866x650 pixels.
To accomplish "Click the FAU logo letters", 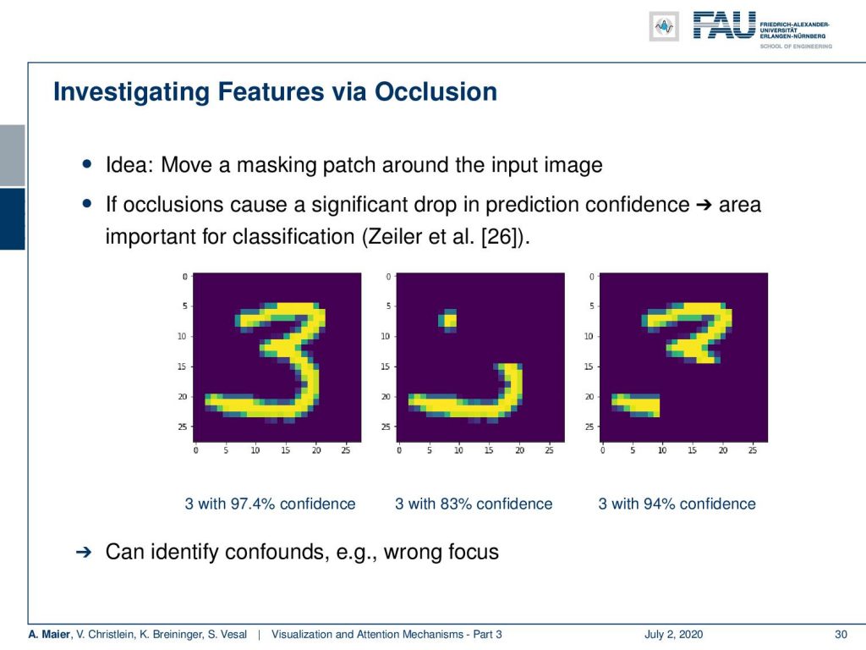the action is coord(724,25).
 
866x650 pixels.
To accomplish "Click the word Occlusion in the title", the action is coord(436,91).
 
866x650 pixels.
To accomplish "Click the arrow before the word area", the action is coord(704,205).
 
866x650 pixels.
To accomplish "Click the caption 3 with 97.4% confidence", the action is coord(270,504).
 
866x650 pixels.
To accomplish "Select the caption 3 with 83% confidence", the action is coord(474,504).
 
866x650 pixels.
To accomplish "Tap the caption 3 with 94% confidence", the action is coord(677,504).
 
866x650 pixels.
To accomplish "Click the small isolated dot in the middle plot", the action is coord(448,321).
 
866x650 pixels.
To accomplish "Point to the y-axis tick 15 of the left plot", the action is coord(182,366).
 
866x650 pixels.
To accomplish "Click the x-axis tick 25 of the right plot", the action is coord(752,450).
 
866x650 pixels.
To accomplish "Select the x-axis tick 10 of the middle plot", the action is coord(458,450).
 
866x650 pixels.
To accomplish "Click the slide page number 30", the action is coord(841,634).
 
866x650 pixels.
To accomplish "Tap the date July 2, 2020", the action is coord(673,634).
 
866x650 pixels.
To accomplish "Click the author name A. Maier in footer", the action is coord(49,634).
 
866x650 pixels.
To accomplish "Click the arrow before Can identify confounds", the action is coord(84,552).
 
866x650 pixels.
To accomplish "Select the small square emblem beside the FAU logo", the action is coord(664,26).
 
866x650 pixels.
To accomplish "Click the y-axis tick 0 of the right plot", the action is coord(591,277).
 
